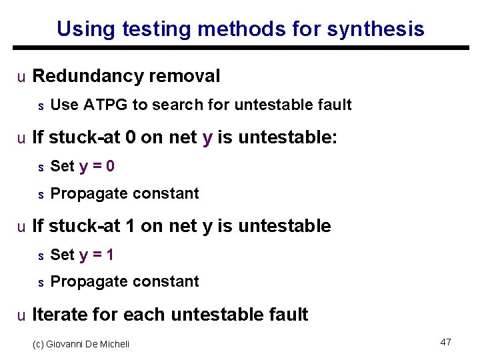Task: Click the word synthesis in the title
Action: (377, 29)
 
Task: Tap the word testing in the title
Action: (151, 29)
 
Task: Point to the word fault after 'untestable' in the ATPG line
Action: (333, 105)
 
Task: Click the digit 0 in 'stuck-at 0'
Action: (131, 138)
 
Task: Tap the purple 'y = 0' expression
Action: (97, 166)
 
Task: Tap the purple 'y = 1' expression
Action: (97, 254)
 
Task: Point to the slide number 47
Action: (446, 342)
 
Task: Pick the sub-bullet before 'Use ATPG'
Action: (40, 106)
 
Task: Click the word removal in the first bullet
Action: (185, 77)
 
